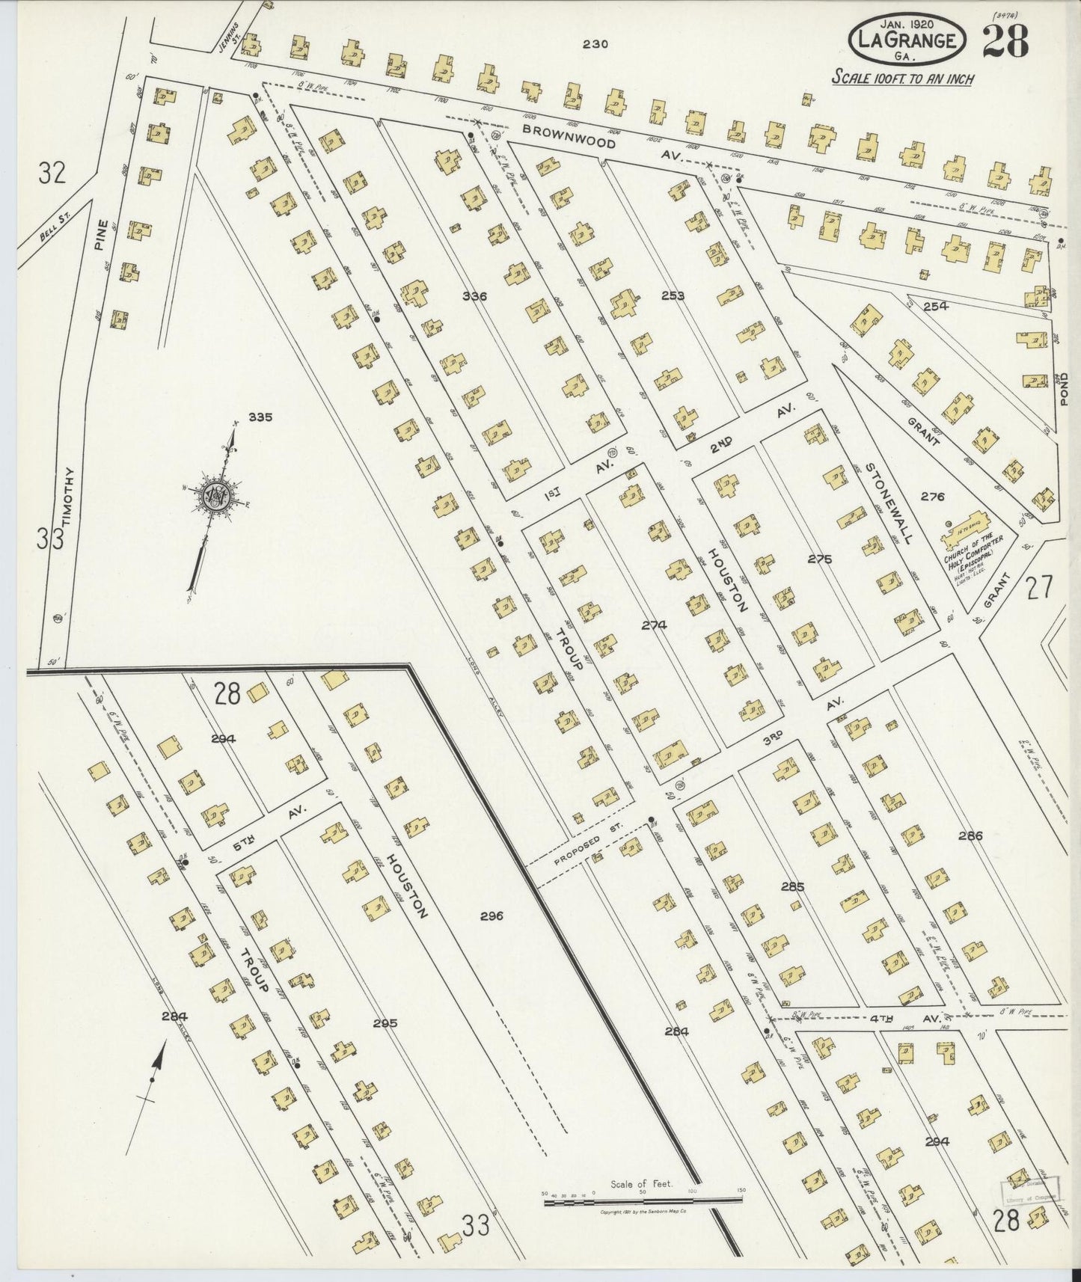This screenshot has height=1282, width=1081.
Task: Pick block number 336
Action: pyautogui.click(x=474, y=296)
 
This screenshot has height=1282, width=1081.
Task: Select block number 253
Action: pyautogui.click(x=673, y=295)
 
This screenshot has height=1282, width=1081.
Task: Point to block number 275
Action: pyautogui.click(x=819, y=559)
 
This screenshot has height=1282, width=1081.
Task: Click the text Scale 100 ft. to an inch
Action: pyautogui.click(x=904, y=79)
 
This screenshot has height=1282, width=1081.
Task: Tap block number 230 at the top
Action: pyautogui.click(x=595, y=44)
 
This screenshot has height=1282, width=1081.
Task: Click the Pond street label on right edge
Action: pyautogui.click(x=1065, y=389)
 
